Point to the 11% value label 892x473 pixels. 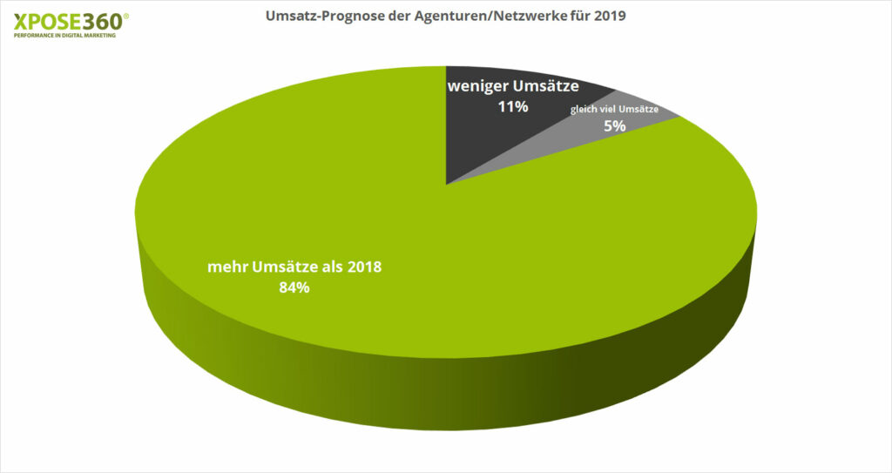point(513,107)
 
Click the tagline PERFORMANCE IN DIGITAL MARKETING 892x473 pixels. point(65,36)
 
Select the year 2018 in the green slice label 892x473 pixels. point(365,267)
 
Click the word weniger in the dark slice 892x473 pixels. point(476,86)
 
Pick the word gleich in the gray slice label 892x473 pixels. point(584,109)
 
